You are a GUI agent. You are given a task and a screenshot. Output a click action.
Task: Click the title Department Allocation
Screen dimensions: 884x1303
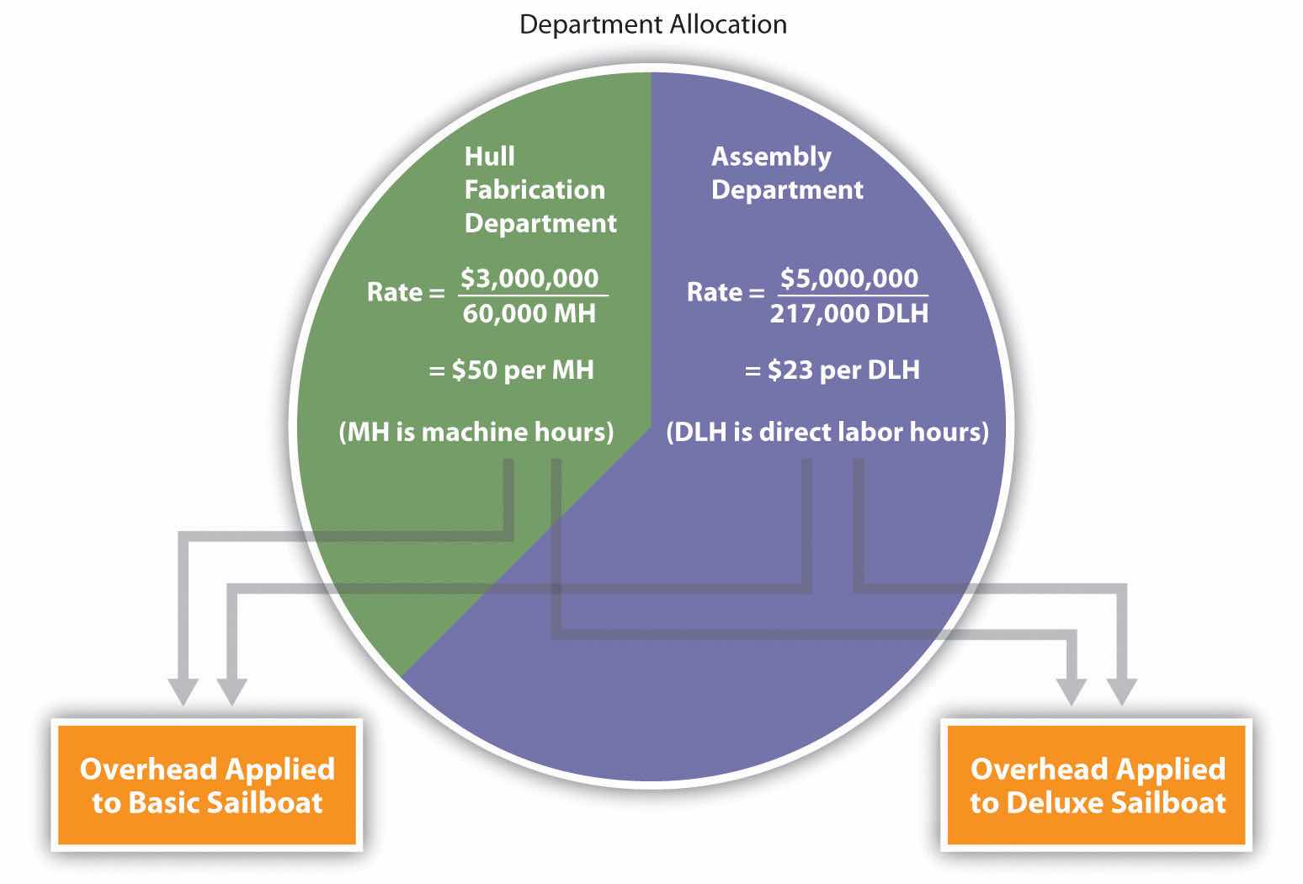coord(652,24)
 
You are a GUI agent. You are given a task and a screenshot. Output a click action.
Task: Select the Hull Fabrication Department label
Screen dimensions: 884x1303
coord(540,189)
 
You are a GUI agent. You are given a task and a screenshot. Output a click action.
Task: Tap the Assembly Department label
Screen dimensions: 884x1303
coord(786,173)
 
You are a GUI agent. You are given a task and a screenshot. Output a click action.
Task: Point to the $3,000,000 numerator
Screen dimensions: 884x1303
coord(529,278)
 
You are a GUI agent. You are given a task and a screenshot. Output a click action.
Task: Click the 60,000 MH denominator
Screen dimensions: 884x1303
coord(529,313)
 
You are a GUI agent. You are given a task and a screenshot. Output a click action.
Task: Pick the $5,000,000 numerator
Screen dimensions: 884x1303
coord(848,278)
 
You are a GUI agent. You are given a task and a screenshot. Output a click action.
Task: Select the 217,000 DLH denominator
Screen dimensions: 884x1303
coord(848,313)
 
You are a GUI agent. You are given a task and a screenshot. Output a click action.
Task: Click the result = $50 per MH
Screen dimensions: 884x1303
coord(512,370)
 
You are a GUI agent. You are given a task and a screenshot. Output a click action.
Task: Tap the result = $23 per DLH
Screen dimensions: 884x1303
coord(832,370)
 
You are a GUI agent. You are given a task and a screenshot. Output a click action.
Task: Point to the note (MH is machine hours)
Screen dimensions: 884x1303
coord(476,432)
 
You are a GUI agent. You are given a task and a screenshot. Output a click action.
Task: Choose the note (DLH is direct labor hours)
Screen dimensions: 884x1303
coord(827,432)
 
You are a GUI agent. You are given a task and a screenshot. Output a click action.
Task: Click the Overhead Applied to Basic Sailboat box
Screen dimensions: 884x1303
coord(207,785)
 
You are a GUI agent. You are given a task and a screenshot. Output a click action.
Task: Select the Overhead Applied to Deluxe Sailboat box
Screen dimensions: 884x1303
coord(1097,785)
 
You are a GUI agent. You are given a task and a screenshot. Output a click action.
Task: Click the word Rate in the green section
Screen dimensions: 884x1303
coord(394,292)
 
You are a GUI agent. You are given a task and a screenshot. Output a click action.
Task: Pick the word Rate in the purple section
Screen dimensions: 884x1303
coord(715,292)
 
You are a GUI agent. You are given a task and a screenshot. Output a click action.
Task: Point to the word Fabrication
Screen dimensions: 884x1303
coord(534,189)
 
